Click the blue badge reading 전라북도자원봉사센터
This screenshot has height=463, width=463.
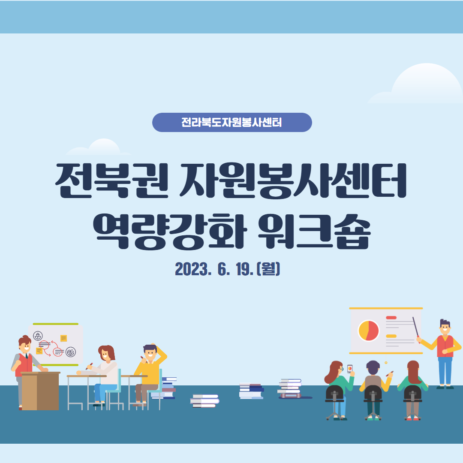click(232, 122)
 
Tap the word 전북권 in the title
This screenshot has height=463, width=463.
click(111, 180)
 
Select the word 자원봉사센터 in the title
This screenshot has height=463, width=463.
click(293, 180)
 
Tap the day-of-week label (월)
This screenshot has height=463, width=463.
click(268, 269)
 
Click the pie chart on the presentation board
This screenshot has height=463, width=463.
click(368, 331)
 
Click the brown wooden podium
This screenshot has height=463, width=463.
click(40, 391)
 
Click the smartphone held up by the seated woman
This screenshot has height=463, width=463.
click(350, 369)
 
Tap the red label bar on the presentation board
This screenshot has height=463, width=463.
click(391, 318)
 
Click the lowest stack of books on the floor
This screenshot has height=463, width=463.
click(204, 401)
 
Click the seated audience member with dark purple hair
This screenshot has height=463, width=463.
click(373, 390)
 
